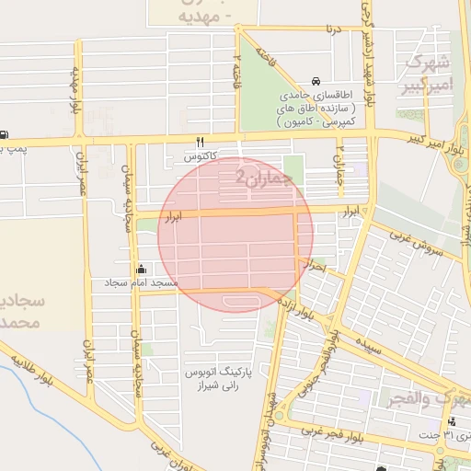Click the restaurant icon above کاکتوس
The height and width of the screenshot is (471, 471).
click(x=201, y=142)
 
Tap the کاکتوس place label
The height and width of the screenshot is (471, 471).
click(x=201, y=157)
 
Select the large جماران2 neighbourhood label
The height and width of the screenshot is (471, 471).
click(x=266, y=177)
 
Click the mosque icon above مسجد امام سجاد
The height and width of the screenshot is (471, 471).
click(x=141, y=270)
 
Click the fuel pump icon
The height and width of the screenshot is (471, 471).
click(x=4, y=134)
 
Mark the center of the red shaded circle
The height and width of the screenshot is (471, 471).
click(x=235, y=234)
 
